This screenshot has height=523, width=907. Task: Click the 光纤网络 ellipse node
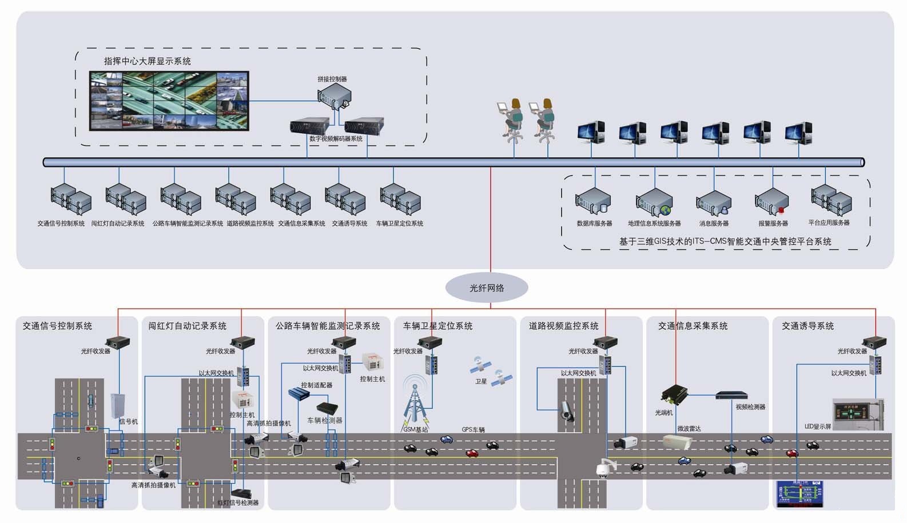487,288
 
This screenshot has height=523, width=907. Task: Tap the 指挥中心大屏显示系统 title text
147,61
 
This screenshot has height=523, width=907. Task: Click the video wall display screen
169,101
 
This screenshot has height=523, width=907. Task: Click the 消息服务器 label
714,223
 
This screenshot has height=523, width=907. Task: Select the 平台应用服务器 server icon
831,199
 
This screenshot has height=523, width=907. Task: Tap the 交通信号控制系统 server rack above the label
70,199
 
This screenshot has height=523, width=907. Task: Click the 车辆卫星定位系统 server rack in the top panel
400,199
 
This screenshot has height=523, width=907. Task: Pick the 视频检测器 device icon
731,395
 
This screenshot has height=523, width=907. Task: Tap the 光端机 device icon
674,394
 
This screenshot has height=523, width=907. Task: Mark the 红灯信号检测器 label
238,502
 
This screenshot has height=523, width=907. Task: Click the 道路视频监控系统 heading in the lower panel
563,326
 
